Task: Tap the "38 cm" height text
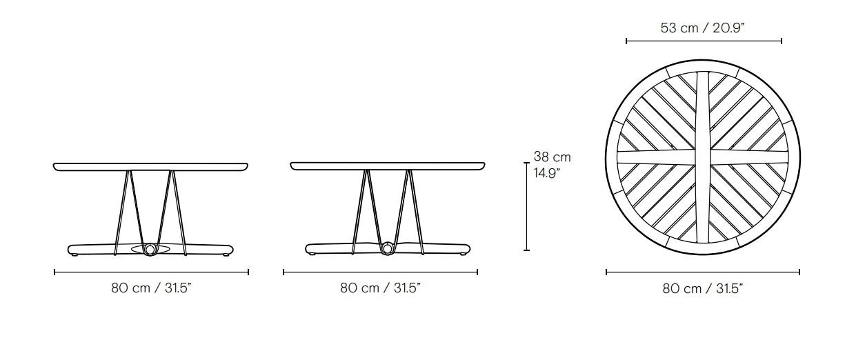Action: [x=553, y=157]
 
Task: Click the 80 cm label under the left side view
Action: [x=151, y=288]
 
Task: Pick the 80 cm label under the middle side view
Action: [x=380, y=288]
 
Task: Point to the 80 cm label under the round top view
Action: [x=702, y=288]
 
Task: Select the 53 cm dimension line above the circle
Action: [x=704, y=41]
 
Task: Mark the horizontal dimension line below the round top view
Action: [x=702, y=272]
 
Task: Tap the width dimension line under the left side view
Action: [x=151, y=272]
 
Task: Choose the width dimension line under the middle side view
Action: [x=380, y=272]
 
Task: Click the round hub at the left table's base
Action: [x=150, y=248]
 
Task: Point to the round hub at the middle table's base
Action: [x=388, y=248]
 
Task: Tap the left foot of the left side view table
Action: [x=75, y=254]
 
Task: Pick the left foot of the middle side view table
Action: [x=312, y=254]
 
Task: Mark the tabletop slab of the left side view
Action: [x=150, y=166]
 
